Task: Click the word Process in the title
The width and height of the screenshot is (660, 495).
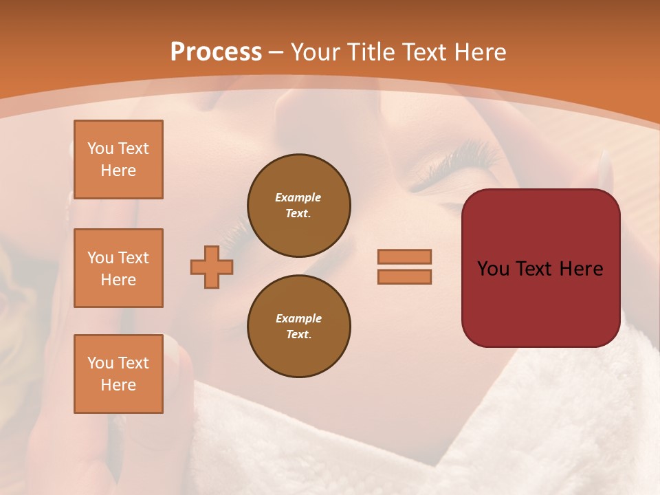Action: click(x=216, y=52)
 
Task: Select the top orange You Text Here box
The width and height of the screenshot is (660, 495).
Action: click(x=118, y=159)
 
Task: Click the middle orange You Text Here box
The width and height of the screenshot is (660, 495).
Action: click(x=118, y=268)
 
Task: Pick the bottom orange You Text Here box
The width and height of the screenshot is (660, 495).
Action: click(x=118, y=374)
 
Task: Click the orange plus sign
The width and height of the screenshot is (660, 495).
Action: click(x=212, y=267)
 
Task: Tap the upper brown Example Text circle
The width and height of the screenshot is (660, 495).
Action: click(x=298, y=205)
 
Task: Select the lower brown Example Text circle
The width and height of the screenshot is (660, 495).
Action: click(x=298, y=326)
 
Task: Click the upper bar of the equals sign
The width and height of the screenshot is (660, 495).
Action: click(x=404, y=256)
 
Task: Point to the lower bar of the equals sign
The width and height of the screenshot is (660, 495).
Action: click(x=404, y=276)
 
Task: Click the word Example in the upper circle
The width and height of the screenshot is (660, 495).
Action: click(x=298, y=197)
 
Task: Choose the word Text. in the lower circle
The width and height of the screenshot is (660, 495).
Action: click(x=298, y=334)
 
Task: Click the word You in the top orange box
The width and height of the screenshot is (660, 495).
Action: click(x=100, y=148)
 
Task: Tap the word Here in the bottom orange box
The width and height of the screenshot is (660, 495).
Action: click(x=118, y=385)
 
